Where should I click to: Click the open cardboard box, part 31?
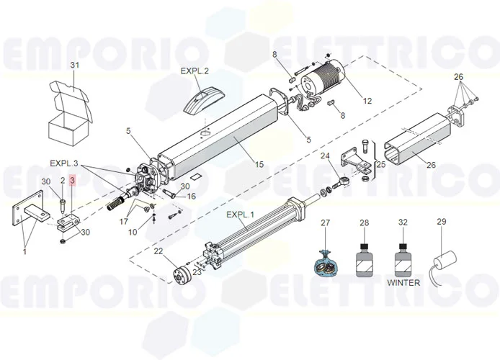pos(70,114)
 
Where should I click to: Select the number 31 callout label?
pos(73,66)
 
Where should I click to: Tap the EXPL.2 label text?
pos(195,71)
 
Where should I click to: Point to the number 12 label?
pos(367,101)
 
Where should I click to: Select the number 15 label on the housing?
pos(259,164)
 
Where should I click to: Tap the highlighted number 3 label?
pos(72,181)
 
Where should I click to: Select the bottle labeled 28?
pos(364,258)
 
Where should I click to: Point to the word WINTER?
pos(403,283)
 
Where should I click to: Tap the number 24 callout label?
pos(325,156)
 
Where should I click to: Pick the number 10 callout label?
pos(133,232)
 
